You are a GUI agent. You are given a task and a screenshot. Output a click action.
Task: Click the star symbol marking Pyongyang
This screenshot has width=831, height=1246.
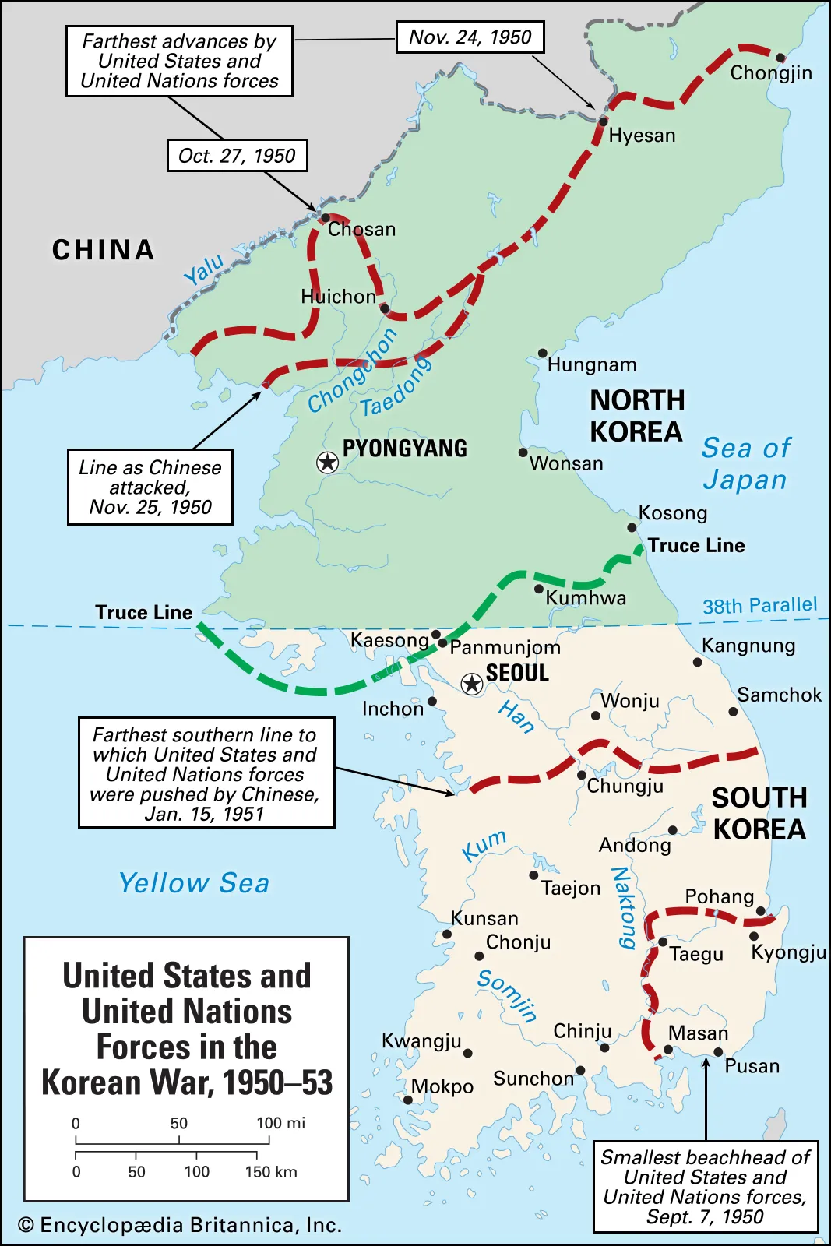pos(327,463)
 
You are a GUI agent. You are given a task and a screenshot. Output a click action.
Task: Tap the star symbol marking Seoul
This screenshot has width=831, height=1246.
pos(471,684)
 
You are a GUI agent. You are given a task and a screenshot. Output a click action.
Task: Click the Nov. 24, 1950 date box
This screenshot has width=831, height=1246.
pos(470,37)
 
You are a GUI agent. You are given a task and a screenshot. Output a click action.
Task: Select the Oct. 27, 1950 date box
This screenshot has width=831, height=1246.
pos(237,156)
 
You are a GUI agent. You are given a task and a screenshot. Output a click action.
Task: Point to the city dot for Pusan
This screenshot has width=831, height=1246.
pos(718,1052)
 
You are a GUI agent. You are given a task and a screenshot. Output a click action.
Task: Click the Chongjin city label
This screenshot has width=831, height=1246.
pos(770,73)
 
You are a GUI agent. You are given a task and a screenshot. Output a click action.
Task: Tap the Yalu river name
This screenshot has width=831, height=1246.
pos(203,269)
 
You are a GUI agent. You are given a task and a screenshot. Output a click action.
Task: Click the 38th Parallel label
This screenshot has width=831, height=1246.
pos(759,605)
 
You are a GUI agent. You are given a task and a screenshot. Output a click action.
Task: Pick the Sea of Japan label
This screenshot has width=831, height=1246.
pos(745,463)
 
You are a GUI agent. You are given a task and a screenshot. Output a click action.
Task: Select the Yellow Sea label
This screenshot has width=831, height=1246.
pos(194,883)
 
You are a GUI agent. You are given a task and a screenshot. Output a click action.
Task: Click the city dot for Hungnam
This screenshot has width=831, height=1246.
pos(542,353)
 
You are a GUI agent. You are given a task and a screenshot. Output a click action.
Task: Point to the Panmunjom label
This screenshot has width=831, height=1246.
pos(505,647)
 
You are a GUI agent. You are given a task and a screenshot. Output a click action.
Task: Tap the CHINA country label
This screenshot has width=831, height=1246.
pos(104,250)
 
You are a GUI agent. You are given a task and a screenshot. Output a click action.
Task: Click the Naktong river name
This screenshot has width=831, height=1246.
pos(623,908)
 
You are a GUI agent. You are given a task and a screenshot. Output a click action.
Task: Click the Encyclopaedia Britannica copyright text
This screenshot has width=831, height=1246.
pos(180,1225)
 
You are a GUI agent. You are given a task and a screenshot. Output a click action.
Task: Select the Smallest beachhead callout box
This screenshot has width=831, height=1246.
pos(705,1187)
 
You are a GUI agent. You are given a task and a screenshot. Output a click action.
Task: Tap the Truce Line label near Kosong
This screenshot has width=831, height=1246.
pos(695,545)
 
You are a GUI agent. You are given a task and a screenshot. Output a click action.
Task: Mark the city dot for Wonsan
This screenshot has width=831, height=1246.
pos(523,452)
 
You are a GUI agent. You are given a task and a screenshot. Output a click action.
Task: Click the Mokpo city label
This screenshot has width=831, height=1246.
pos(442,1086)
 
